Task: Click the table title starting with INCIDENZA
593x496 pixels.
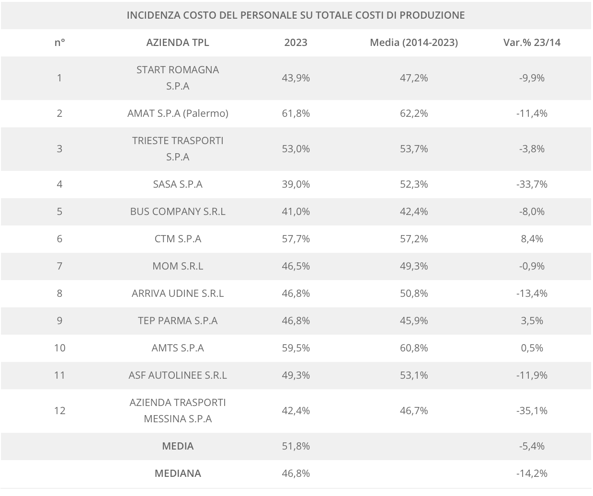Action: point(296,15)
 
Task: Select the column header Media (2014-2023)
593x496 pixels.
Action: point(414,43)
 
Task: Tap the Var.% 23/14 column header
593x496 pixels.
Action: point(532,43)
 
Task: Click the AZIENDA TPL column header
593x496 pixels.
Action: point(178,43)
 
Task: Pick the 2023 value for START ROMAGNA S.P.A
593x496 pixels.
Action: point(296,78)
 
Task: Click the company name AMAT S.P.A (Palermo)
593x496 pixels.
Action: point(178,113)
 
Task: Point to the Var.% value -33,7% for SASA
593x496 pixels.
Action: point(532,184)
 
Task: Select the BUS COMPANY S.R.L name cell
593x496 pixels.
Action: point(178,212)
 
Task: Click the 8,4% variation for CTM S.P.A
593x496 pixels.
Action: point(532,239)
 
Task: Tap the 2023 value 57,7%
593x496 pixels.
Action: point(296,239)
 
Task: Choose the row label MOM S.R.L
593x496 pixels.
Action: point(178,266)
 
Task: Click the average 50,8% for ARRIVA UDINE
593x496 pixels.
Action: point(414,293)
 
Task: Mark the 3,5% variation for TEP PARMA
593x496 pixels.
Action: point(532,321)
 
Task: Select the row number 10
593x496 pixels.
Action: point(59,348)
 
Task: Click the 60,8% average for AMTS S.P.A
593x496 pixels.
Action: point(414,348)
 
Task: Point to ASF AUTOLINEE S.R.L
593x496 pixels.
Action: point(178,375)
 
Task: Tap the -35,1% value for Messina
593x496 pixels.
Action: point(532,411)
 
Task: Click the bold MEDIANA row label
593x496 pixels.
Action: point(178,473)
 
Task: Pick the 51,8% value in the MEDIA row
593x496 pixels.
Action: point(296,446)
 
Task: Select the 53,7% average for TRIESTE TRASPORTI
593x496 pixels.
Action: point(414,149)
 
